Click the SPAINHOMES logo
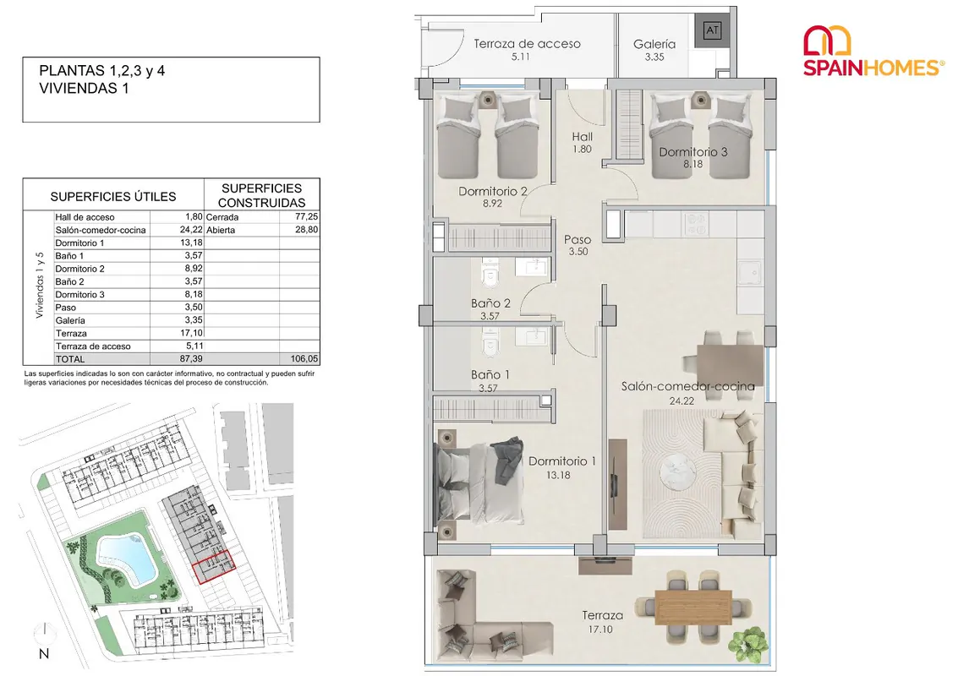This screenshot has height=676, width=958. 873,52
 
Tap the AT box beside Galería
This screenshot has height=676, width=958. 712,30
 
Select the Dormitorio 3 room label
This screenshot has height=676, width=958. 692,152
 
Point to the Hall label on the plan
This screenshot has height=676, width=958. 582,137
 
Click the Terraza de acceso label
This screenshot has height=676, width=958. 527,44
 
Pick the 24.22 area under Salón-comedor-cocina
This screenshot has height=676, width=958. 682,401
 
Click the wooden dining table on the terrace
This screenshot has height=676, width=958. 692,607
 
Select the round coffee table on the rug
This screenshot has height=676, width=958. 677,472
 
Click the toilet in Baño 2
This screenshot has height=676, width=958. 490,274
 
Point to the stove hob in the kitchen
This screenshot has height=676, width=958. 696,223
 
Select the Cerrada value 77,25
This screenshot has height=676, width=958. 307,216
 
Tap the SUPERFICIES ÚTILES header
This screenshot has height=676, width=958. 113,197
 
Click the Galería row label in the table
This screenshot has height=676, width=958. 70,320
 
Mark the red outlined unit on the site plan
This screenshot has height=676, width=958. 213,567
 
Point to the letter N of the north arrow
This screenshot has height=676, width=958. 43,653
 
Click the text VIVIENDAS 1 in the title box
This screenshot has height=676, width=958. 84,89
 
